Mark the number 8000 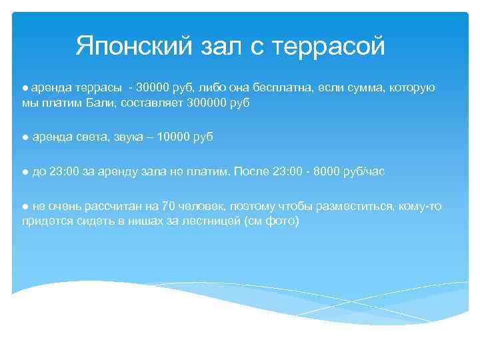[x=322, y=171]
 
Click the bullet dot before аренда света [x=25, y=137]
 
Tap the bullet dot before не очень [x=25, y=206]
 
